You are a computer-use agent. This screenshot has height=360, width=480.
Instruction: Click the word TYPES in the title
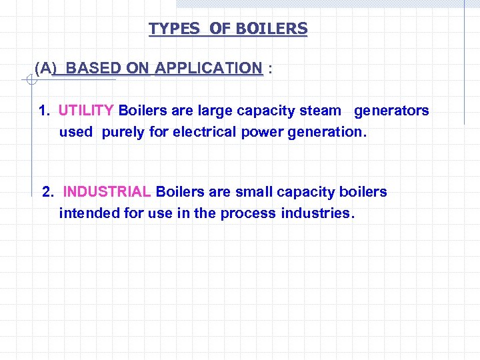click(174, 29)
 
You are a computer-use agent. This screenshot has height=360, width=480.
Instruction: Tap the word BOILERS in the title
click(271, 29)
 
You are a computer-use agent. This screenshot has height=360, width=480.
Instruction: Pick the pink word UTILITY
click(86, 111)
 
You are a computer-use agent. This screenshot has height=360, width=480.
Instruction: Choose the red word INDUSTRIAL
click(107, 192)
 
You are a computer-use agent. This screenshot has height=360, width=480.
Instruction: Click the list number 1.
click(44, 111)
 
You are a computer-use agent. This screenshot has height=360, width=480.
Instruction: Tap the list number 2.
click(47, 192)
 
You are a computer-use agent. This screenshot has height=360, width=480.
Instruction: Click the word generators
click(391, 111)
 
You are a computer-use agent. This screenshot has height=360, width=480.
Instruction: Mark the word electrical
click(204, 132)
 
